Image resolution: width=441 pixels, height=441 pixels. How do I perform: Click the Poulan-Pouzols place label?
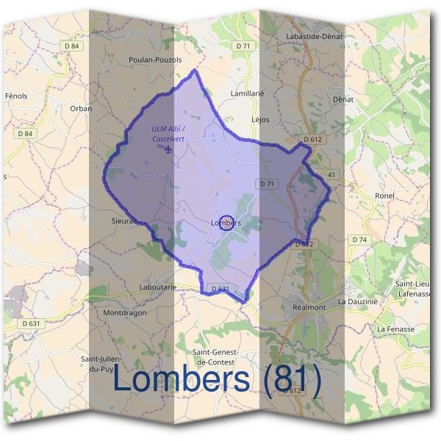click(x=154, y=60)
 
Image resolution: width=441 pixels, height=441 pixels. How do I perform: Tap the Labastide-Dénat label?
click(x=314, y=36)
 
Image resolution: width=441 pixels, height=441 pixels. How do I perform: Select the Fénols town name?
click(x=15, y=96)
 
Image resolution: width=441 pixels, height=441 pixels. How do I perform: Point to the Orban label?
click(x=81, y=109)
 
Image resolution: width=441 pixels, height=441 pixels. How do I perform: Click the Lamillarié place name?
click(x=247, y=94)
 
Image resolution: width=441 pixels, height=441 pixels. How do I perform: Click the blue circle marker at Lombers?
click(x=227, y=223)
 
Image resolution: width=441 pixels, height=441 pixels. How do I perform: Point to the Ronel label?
click(x=384, y=196)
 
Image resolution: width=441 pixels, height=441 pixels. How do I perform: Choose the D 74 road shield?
click(x=359, y=240)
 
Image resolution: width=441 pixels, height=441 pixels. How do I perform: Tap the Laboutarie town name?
click(x=157, y=287)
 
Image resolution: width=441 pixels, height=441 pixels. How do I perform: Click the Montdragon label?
click(x=125, y=312)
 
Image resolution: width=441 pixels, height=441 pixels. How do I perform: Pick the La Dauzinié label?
click(x=357, y=301)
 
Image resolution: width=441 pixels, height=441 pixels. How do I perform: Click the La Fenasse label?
click(x=395, y=329)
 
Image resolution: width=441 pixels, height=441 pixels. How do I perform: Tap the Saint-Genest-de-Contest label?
click(x=215, y=356)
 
